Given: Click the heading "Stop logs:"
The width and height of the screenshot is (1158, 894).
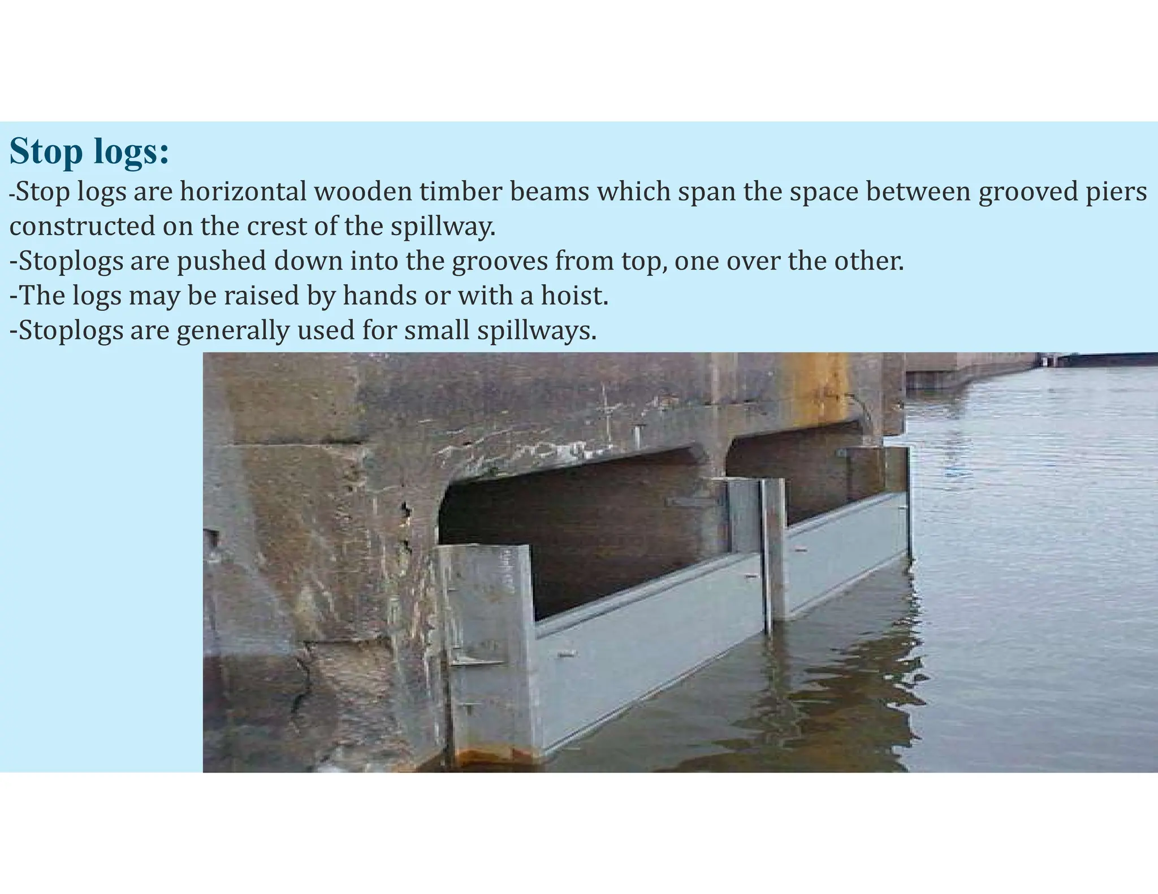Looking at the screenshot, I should (89, 151).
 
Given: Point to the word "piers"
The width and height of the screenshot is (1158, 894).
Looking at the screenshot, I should (1118, 192).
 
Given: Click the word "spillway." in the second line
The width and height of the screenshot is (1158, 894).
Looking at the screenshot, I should (443, 227).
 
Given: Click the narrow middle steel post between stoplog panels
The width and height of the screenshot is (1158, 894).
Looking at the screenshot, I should (774, 554).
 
